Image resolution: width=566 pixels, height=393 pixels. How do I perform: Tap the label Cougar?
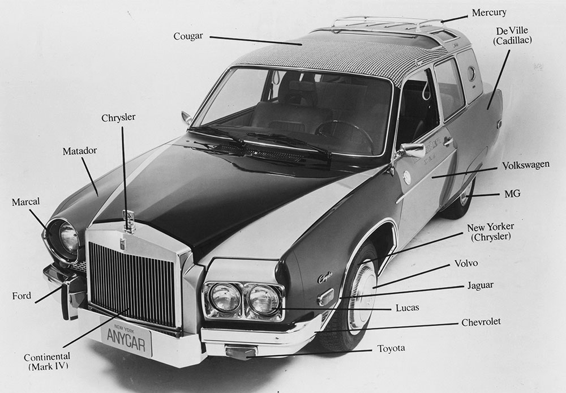click(188, 36)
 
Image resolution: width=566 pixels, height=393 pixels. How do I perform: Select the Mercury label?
click(489, 12)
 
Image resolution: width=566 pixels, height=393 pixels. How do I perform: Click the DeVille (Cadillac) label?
click(512, 36)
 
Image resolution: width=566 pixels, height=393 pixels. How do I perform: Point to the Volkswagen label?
click(526, 165)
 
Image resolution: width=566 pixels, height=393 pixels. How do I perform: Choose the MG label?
click(513, 194)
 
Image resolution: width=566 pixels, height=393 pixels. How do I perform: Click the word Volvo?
click(466, 263)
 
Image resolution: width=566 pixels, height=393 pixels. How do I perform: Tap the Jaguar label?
click(481, 286)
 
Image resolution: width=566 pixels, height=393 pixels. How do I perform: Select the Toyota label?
click(391, 349)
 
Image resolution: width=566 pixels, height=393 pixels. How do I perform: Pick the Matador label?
click(80, 151)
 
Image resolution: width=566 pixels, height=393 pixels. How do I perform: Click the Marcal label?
click(25, 202)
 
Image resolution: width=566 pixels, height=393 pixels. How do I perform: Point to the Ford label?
click(22, 296)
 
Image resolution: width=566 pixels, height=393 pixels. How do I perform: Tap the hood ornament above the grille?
click(128, 221)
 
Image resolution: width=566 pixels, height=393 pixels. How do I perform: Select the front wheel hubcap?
click(362, 296)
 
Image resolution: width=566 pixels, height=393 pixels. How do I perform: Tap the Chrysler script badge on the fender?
click(325, 277)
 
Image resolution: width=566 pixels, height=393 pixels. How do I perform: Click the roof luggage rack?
click(386, 23)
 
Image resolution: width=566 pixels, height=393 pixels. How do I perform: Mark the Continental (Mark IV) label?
click(48, 361)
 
